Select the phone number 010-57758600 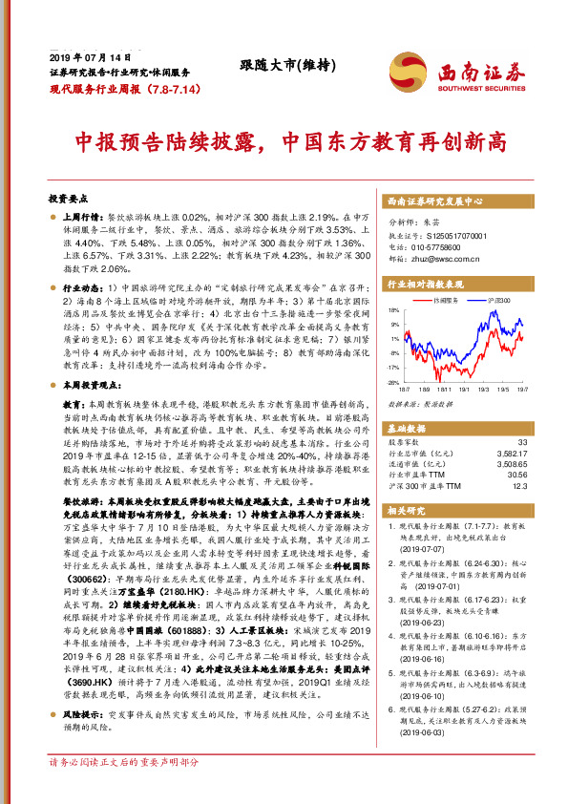coord(445,245)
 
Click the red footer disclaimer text coord(123,790)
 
